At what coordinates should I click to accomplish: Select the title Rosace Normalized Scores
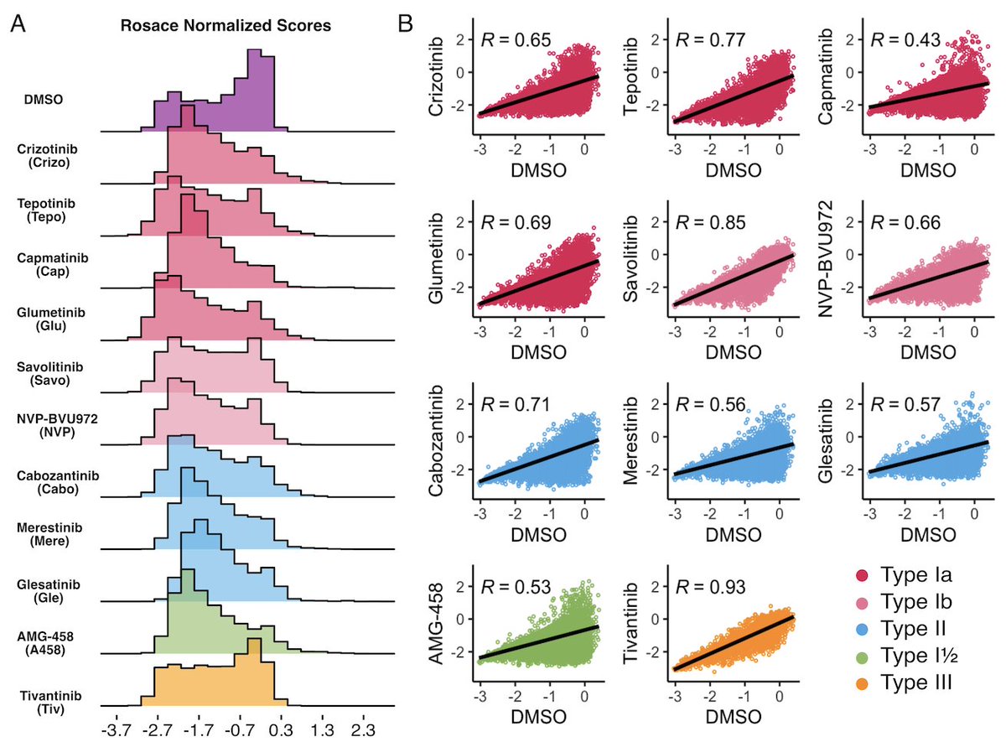click(246, 26)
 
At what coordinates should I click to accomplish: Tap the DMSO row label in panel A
click(43, 101)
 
